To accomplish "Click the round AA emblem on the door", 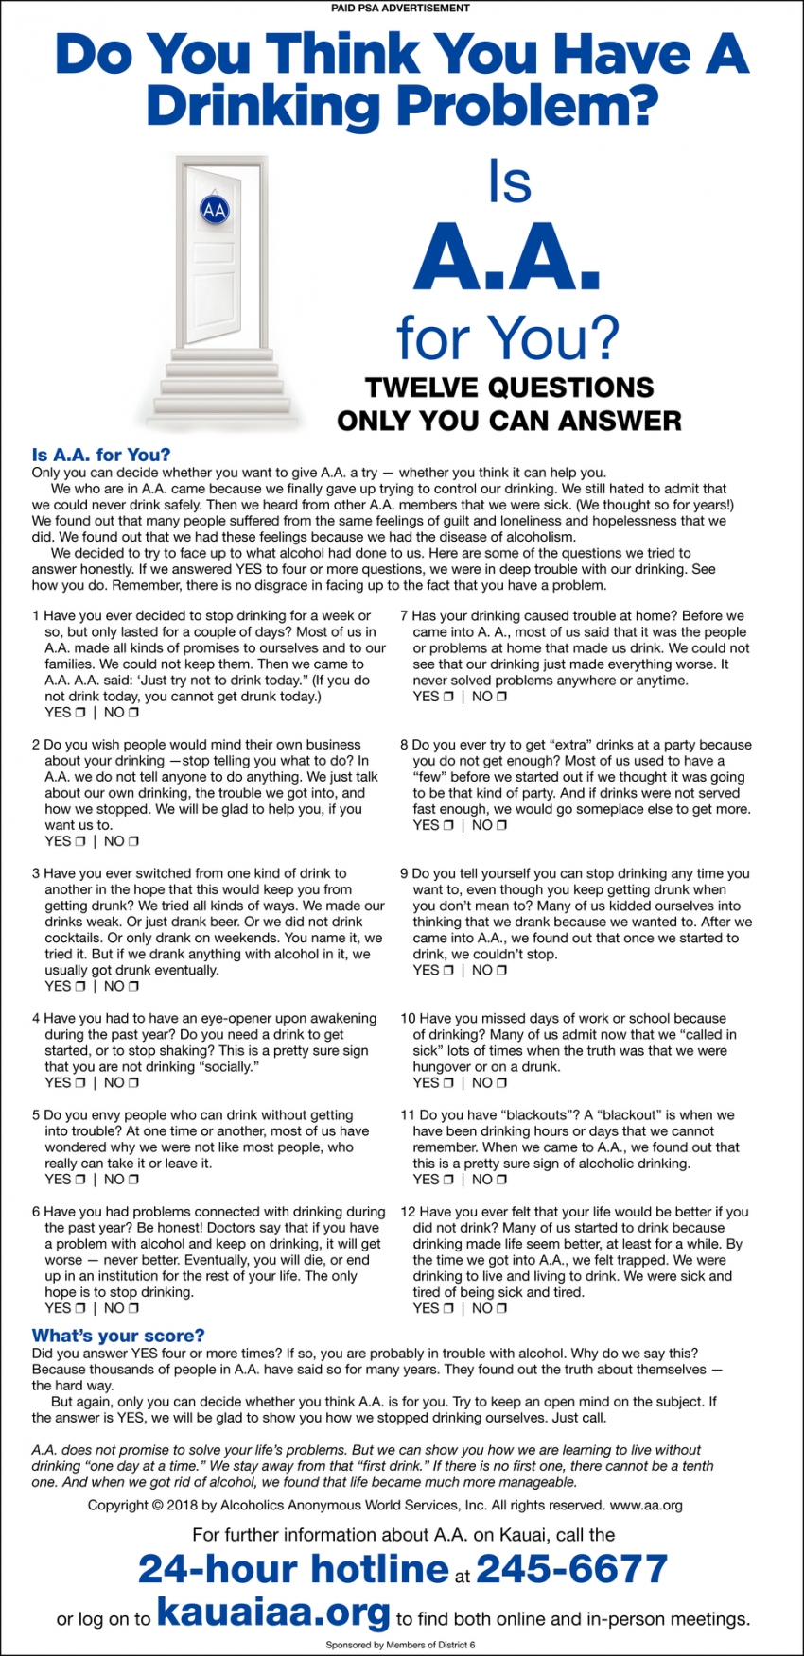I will click(x=215, y=210).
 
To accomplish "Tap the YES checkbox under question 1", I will click(x=80, y=713).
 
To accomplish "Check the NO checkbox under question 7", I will click(x=501, y=697).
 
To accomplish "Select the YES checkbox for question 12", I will click(x=448, y=1308).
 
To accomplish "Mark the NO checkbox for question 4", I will click(x=133, y=1083).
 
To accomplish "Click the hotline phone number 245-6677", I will click(x=571, y=1569).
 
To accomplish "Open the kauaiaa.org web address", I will click(x=273, y=1612).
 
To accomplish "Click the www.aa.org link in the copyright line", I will click(x=646, y=1505).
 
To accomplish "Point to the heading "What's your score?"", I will click(x=118, y=1336).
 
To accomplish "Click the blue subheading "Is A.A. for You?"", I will click(x=101, y=455).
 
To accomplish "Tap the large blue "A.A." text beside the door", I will click(x=507, y=260).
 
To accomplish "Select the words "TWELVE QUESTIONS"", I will click(x=509, y=388).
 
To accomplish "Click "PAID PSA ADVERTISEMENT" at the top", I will click(x=400, y=8).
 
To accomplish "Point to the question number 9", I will click(x=404, y=874).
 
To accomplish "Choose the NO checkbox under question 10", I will click(x=501, y=1083).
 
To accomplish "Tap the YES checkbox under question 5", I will click(x=80, y=1180).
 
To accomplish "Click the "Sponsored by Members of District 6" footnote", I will click(x=400, y=1645).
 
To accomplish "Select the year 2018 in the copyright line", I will click(x=183, y=1505).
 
